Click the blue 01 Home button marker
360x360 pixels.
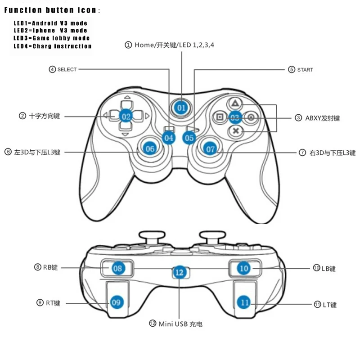pyautogui.click(x=181, y=108)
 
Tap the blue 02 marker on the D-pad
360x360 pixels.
pyautogui.click(x=126, y=116)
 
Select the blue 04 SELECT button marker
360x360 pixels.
pyautogui.click(x=169, y=138)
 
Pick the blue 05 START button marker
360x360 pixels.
pyautogui.click(x=189, y=138)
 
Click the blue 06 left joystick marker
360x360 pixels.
pyautogui.click(x=150, y=148)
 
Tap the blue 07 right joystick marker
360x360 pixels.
pyautogui.click(x=210, y=148)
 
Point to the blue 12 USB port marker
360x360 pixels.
pyautogui.click(x=180, y=272)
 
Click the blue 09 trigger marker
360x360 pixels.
pyautogui.click(x=117, y=302)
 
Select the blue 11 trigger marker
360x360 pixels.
pyautogui.click(x=244, y=302)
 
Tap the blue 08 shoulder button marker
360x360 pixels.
pyautogui.click(x=118, y=269)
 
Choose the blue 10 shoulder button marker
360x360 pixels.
pyautogui.click(x=243, y=269)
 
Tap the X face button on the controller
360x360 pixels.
pyautogui.click(x=234, y=131)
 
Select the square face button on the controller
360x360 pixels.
pyautogui.click(x=220, y=117)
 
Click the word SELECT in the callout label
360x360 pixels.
pyautogui.click(x=67, y=70)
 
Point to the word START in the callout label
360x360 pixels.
pyautogui.click(x=305, y=70)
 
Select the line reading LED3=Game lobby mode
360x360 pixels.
pyautogui.click(x=52, y=38)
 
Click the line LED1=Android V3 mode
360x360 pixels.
pyautogui.click(x=50, y=23)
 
